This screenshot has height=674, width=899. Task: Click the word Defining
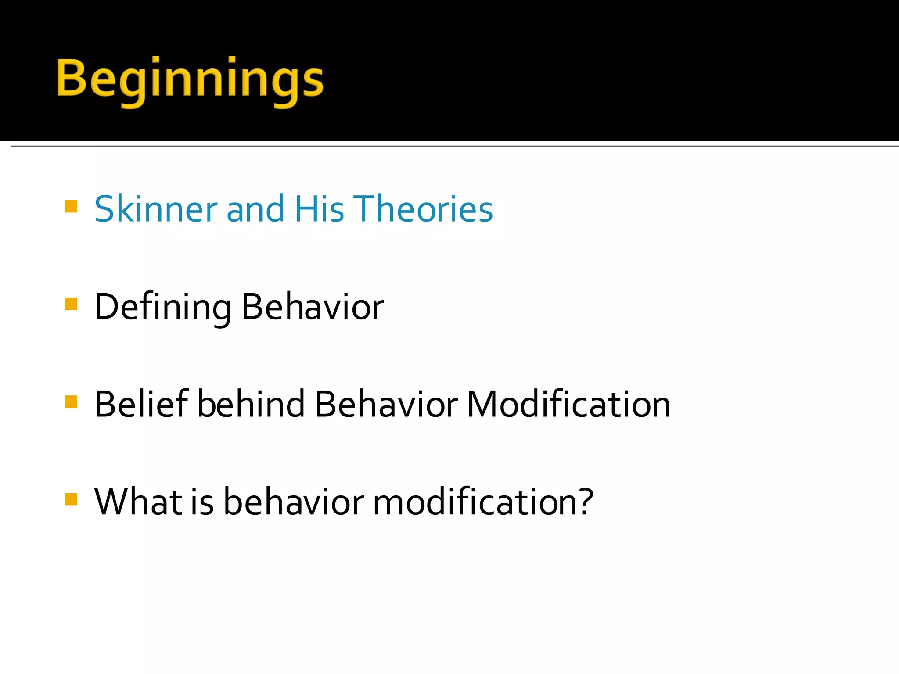tap(162, 307)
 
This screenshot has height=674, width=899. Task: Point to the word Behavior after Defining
tap(313, 307)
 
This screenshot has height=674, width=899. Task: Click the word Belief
tap(141, 404)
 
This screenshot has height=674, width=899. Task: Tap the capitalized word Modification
tap(568, 404)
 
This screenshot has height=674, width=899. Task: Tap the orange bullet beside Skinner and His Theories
tap(71, 207)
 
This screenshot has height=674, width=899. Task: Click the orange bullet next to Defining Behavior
tap(71, 304)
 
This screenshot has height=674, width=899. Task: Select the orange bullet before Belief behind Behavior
tap(71, 402)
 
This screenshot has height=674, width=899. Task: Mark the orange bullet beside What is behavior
tap(71, 499)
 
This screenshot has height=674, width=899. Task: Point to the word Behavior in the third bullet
tap(386, 404)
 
